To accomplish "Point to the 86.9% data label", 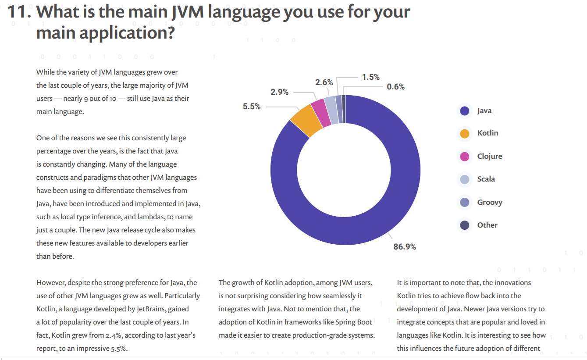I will tap(404, 247).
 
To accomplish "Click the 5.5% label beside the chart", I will tap(252, 107).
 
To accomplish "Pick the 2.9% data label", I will tap(279, 92).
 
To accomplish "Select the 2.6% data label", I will tap(324, 82).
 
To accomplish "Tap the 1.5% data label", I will tap(370, 77).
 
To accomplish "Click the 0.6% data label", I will tap(395, 87).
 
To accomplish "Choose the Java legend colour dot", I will tap(465, 111).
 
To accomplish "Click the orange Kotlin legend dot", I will tap(465, 133).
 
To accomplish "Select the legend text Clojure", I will tap(489, 157).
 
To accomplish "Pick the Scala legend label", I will tap(486, 179).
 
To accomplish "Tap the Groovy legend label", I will tap(489, 203).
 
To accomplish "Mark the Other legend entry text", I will tap(487, 225).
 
